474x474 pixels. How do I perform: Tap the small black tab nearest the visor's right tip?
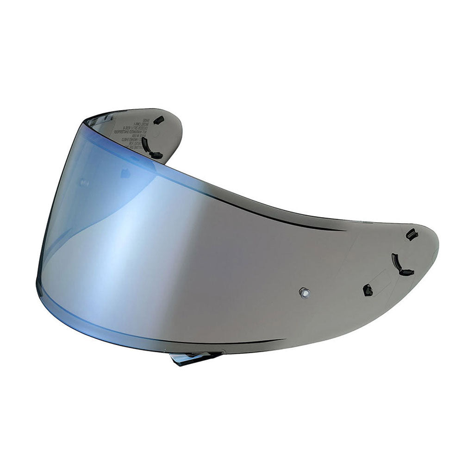point(410,234)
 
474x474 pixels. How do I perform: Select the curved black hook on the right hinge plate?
point(399,265)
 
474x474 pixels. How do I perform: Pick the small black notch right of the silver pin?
point(368,290)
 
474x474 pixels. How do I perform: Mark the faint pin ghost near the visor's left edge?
point(85,183)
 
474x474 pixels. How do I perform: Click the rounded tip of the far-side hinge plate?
point(178,125)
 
